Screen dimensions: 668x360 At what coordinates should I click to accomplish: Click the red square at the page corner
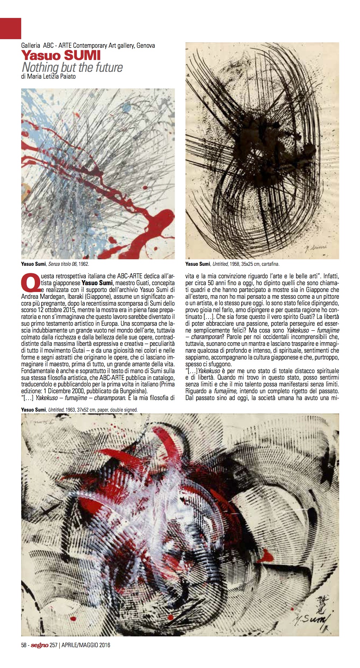(x=10, y=28)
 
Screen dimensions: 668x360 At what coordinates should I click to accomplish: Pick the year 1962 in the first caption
(x=83, y=264)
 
